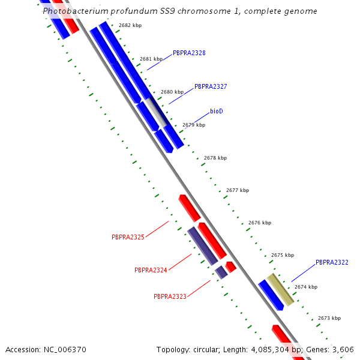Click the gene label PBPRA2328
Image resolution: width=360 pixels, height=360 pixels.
(x=189, y=53)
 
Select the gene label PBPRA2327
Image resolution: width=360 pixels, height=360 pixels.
(x=211, y=86)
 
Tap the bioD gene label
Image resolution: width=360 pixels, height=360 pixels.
(x=217, y=112)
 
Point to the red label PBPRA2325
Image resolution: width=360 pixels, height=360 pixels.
(x=128, y=237)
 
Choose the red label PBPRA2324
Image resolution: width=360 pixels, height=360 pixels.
(x=151, y=270)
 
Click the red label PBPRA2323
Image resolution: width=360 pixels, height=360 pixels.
(x=170, y=296)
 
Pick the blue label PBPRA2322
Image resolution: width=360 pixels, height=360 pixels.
(x=332, y=262)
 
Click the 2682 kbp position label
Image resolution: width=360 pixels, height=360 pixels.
(x=130, y=25)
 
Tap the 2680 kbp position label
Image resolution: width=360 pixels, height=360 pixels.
(x=172, y=92)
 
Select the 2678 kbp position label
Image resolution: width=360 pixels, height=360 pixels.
(x=215, y=158)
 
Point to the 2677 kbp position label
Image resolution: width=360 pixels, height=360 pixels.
(x=237, y=190)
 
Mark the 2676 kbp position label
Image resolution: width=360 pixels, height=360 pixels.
(x=259, y=223)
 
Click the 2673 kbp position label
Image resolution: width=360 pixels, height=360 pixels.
(x=329, y=318)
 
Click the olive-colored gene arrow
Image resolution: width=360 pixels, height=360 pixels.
(x=280, y=290)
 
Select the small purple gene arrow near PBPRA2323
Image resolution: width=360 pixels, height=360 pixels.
(x=221, y=272)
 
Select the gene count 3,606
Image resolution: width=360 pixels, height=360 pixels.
(x=343, y=349)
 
